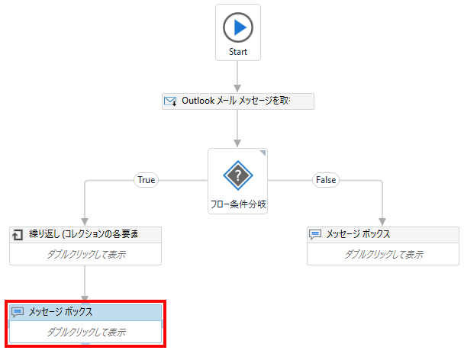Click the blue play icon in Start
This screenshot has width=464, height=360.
pos(238,27)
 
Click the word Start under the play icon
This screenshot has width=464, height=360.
pos(238,53)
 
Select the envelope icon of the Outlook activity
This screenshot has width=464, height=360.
pos(171,101)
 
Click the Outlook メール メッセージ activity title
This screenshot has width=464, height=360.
pos(236,101)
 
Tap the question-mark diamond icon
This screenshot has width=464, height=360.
pos(238,175)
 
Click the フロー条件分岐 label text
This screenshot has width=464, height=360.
pos(238,204)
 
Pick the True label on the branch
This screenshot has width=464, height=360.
pos(145,180)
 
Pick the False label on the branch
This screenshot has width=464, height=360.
pos(325,180)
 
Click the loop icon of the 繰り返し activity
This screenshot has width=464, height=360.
pos(18,234)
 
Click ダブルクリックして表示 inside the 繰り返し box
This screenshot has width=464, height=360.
pos(85,254)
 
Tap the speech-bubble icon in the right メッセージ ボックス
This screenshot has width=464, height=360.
pos(315,234)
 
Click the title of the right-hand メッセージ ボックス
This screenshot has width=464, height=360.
pos(358,234)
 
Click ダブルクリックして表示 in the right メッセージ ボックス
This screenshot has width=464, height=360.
pos(383,254)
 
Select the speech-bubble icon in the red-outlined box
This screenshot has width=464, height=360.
pos(18,312)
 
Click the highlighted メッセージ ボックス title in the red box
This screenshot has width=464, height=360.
pos(61,312)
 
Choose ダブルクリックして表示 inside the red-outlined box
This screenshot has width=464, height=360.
pos(85,332)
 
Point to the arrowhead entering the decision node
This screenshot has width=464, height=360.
pos(238,143)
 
